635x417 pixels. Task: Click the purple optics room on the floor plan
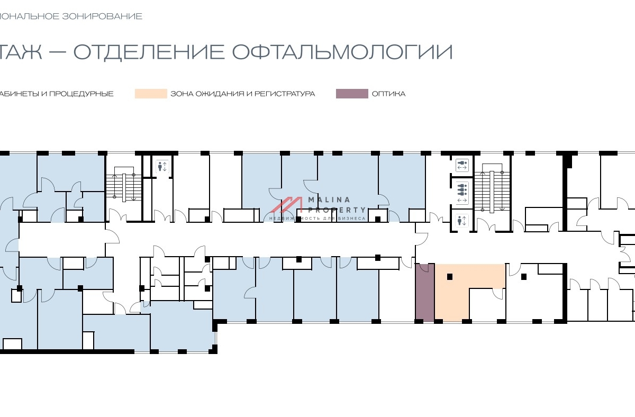[424, 292]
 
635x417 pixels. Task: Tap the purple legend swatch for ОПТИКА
[351, 94]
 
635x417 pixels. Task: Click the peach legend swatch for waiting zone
[150, 94]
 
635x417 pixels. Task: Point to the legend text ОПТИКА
[388, 94]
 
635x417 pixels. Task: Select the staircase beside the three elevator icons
[491, 191]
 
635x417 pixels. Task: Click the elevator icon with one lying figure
[462, 165]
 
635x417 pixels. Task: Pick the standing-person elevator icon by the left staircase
[162, 167]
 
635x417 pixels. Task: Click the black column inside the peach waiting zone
[450, 276]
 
